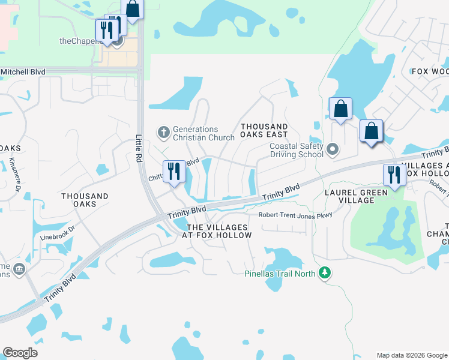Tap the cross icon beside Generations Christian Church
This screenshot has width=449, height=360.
163,131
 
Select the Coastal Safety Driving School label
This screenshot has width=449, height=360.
297,150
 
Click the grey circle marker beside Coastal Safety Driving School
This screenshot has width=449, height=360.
334,148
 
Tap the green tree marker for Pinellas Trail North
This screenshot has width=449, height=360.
325,274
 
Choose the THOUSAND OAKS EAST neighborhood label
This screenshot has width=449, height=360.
264,130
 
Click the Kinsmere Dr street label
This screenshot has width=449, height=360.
14,174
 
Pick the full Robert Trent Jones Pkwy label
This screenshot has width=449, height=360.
295,215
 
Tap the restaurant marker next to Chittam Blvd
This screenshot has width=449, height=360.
174,172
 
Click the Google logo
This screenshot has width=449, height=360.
20,353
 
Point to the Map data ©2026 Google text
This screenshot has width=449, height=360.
411,355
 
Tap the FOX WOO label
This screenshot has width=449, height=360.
429,71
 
